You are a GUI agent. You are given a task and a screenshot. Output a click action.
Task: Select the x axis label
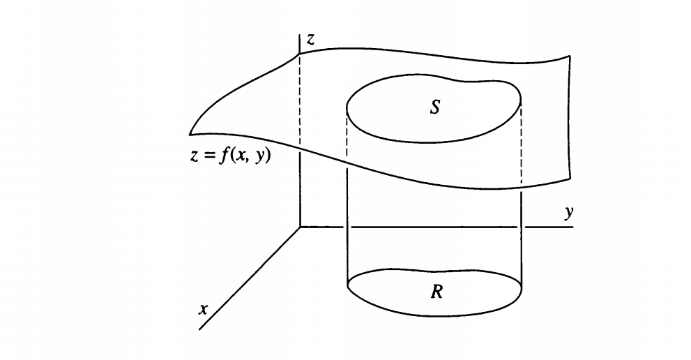pos(203,309)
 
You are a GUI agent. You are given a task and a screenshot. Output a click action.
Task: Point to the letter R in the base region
pos(436,291)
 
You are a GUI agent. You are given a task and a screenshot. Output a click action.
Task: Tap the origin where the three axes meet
pos(300,227)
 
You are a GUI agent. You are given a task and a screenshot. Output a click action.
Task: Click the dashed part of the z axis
pos(300,98)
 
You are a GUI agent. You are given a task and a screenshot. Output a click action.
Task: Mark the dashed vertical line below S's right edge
pos(522,147)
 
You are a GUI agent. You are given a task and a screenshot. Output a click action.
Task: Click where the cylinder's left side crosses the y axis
pos(347,227)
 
